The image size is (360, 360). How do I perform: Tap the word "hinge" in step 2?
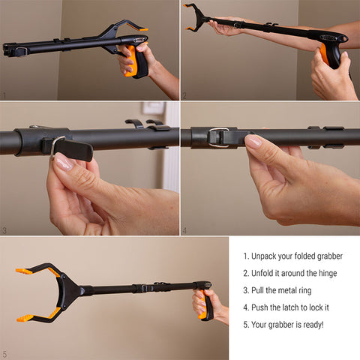click(328, 274)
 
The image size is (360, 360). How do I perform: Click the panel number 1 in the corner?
click(4, 95)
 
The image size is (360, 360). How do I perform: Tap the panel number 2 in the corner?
click(184, 95)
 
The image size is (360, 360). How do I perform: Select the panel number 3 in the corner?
click(4, 230)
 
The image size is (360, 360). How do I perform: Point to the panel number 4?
click(184, 230)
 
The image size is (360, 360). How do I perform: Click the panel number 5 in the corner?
click(4, 354)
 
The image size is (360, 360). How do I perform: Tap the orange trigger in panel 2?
click(324, 54)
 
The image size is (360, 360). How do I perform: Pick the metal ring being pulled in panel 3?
click(56, 146)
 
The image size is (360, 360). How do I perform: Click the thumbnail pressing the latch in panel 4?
click(253, 141)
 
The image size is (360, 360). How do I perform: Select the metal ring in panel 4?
click(217, 137)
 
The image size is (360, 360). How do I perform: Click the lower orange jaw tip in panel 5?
click(25, 318)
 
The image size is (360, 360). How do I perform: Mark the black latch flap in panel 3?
click(73, 150)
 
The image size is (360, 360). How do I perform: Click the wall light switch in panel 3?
click(153, 108)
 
